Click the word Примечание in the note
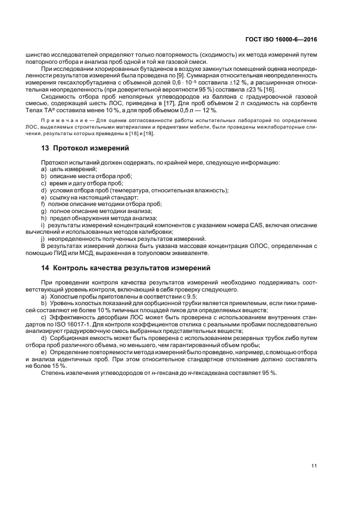(63, 120)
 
